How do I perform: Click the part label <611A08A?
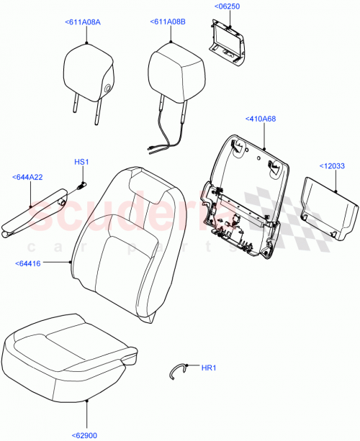[83, 22]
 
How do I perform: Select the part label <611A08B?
[169, 22]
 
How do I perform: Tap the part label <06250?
[226, 6]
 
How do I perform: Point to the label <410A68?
[261, 118]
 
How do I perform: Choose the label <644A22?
[27, 176]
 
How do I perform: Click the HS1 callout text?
[81, 162]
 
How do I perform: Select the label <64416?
[27, 264]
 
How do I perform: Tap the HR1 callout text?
[209, 368]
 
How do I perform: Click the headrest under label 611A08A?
[88, 72]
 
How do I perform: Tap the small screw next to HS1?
[78, 186]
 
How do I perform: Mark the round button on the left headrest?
[107, 87]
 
